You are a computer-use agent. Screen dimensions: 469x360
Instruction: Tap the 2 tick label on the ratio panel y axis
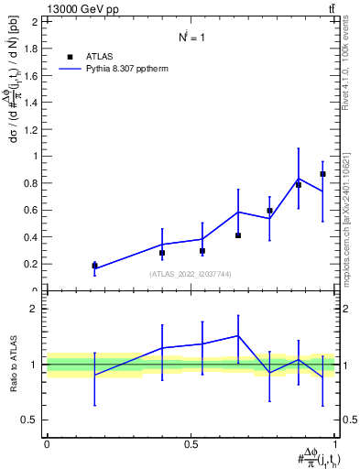38,309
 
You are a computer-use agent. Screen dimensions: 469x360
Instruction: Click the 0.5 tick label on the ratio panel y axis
33,420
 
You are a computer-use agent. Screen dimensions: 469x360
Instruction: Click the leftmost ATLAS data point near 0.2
94,266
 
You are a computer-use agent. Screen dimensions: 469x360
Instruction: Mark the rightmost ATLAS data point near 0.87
322,174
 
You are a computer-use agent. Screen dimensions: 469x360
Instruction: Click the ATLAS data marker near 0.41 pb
238,235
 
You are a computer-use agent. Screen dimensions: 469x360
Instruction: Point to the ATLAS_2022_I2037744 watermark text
191,274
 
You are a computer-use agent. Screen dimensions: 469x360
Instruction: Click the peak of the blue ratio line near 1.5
238,335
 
